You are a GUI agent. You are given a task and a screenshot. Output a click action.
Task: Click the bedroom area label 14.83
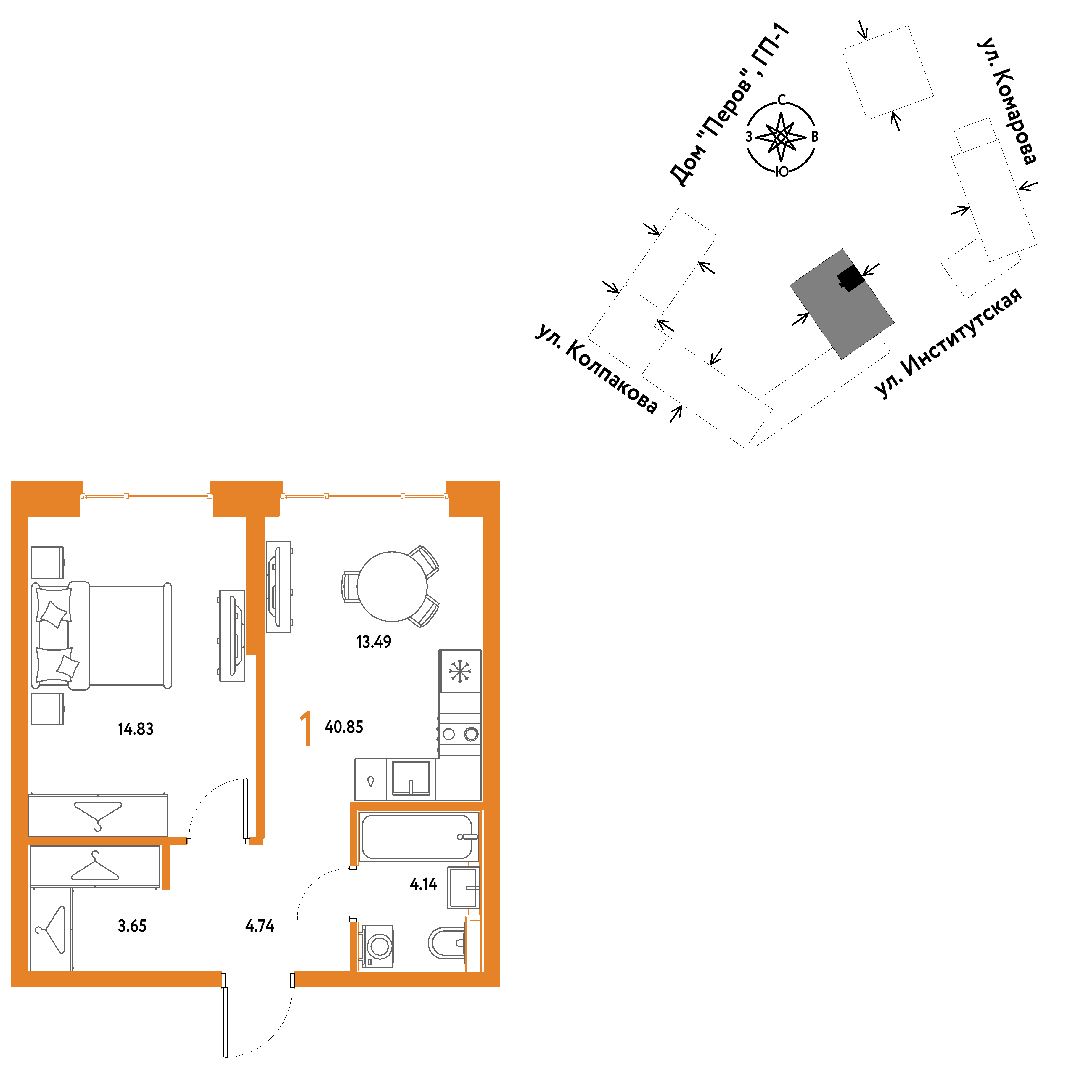[136, 729]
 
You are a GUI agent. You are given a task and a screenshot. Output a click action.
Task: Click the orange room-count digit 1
[306, 729]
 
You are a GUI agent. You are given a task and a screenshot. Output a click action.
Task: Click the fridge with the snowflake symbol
[460, 671]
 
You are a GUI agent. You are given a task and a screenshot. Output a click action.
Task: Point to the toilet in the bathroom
[446, 943]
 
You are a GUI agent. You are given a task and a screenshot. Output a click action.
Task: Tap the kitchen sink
[411, 778]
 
